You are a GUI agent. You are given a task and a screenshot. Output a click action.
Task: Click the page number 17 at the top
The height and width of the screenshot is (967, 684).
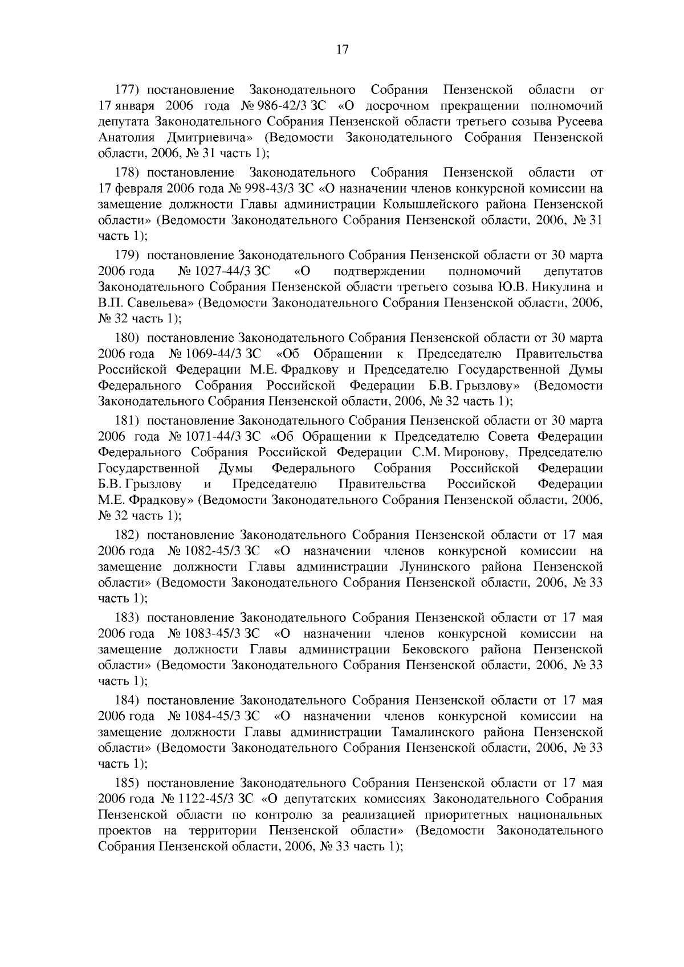click(341, 50)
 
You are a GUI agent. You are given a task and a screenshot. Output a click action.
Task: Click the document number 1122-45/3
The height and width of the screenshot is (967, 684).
click(208, 799)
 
